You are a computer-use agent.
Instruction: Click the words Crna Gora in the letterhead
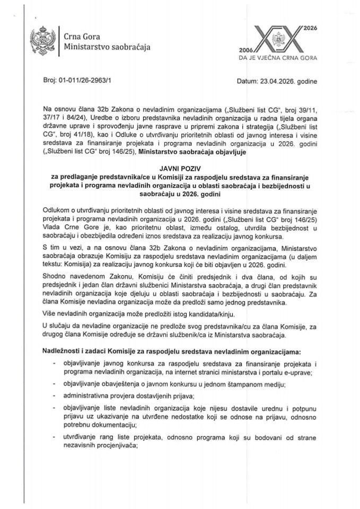pyautogui.click(x=80, y=36)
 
